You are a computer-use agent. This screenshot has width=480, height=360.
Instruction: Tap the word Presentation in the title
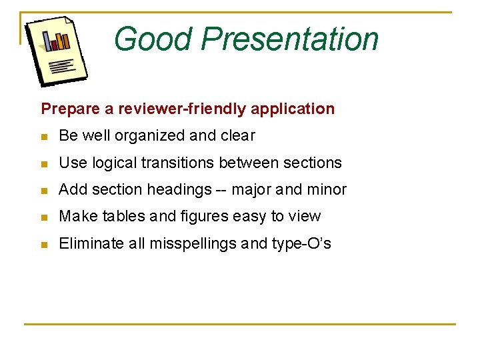(290, 39)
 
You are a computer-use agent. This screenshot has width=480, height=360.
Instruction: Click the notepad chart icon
(56, 51)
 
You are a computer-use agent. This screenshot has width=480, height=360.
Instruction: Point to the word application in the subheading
(297, 109)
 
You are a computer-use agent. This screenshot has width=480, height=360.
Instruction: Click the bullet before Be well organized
(44, 137)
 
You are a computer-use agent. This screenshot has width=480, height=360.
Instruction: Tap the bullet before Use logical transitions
(44, 163)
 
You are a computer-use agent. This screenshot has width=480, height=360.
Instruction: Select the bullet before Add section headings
(44, 191)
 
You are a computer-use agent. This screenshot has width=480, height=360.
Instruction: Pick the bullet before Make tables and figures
(44, 217)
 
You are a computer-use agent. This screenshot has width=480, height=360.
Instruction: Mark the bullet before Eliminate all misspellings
(44, 245)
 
